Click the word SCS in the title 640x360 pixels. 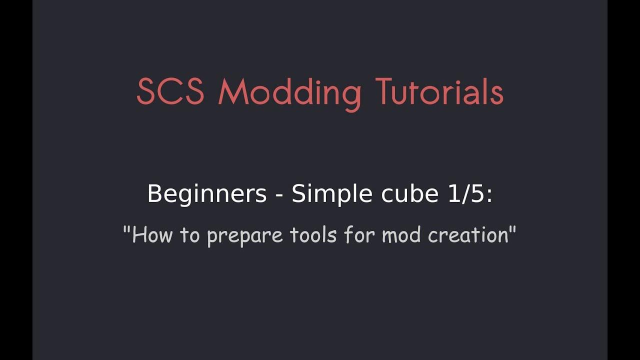(x=170, y=92)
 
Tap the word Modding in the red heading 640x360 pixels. (x=289, y=93)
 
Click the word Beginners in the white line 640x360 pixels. (x=207, y=194)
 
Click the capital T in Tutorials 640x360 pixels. (x=385, y=92)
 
